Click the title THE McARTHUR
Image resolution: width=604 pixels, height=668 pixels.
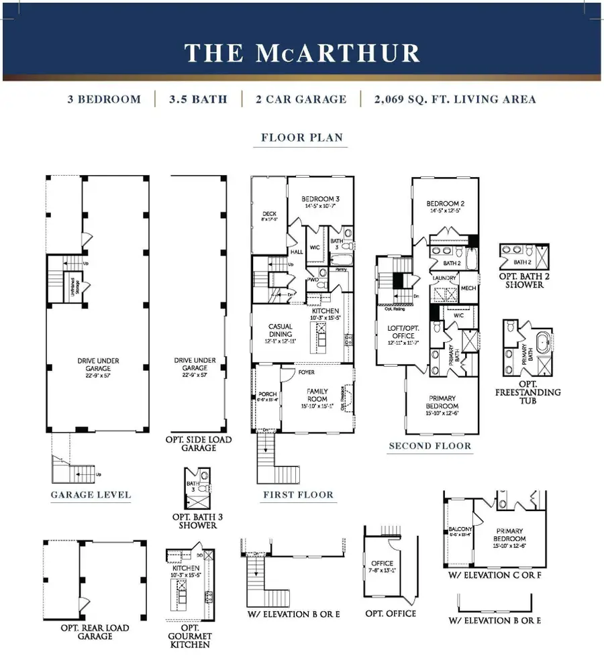coord(301,53)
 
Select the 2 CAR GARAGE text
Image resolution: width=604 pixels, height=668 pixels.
coord(301,99)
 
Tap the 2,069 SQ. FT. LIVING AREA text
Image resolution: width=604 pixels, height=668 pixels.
coord(456,99)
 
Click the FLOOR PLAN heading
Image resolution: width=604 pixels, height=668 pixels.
coord(302,138)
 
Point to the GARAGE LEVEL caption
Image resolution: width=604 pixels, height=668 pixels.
coord(91,496)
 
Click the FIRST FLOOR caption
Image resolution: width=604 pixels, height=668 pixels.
coord(299,495)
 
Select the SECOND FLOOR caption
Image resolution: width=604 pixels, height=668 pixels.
coord(430,445)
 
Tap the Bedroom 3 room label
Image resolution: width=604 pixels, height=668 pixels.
coord(319,199)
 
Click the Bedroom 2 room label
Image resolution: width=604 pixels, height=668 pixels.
coord(445,203)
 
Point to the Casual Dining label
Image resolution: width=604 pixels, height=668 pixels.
coord(281,331)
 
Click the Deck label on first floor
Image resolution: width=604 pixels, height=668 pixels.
coord(268,215)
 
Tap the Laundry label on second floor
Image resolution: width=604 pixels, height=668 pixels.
coord(444,277)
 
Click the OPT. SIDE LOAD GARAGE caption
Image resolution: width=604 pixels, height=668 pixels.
coord(199,443)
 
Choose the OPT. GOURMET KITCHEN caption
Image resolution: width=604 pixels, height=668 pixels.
coord(191,640)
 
